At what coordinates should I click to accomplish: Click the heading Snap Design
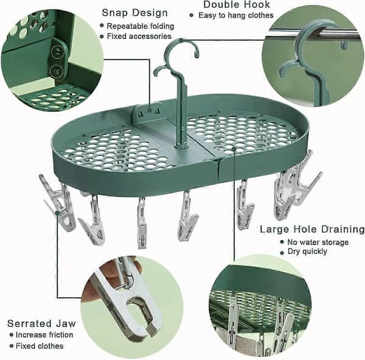pyautogui.click(x=135, y=13)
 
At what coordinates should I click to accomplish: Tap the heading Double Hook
pyautogui.click(x=237, y=4)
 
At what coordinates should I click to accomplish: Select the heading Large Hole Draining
pyautogui.click(x=312, y=229)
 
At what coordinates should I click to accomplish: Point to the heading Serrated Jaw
pyautogui.click(x=41, y=323)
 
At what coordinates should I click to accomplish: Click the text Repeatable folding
pyautogui.click(x=141, y=26)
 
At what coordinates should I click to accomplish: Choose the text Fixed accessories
pyautogui.click(x=139, y=37)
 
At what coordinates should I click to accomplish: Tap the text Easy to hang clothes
pyautogui.click(x=236, y=15)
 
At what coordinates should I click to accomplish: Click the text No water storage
pyautogui.click(x=318, y=242)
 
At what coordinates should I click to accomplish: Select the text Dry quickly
pyautogui.click(x=307, y=252)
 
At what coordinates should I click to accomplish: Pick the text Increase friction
pyautogui.click(x=44, y=335)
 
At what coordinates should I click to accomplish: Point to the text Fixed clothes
pyautogui.click(x=40, y=346)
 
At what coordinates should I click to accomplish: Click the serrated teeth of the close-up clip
pyautogui.click(x=151, y=329)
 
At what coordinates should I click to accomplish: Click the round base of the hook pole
pyautogui.click(x=181, y=146)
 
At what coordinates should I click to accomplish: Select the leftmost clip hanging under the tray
pyautogui.click(x=58, y=202)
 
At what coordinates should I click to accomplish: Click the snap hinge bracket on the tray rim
pyautogui.click(x=148, y=112)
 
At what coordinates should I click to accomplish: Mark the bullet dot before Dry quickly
pyautogui.click(x=282, y=253)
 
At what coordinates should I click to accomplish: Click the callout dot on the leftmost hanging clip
pyautogui.click(x=57, y=213)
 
